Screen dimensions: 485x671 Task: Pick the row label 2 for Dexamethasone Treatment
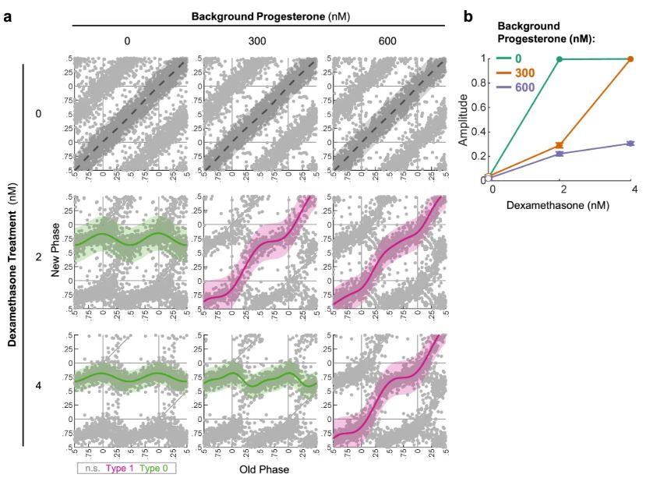click(x=48, y=254)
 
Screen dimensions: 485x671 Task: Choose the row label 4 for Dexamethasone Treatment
click(x=48, y=384)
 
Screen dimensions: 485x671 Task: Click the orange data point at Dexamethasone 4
click(x=630, y=58)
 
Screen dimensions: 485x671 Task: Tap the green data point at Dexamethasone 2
click(x=560, y=59)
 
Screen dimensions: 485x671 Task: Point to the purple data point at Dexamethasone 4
click(x=630, y=143)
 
